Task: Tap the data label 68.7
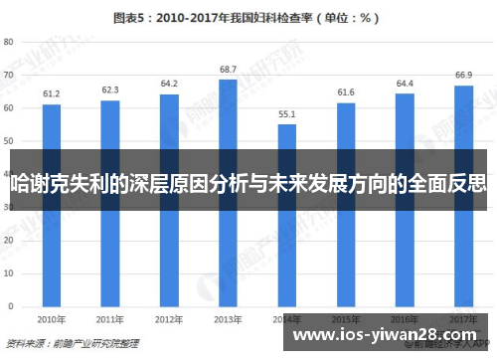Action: click(228, 69)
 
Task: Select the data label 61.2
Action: click(52, 93)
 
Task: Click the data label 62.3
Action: click(110, 90)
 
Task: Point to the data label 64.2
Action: click(169, 84)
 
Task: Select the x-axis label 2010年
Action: click(52, 320)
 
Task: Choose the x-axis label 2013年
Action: click(228, 320)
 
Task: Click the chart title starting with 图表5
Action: click(248, 17)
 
